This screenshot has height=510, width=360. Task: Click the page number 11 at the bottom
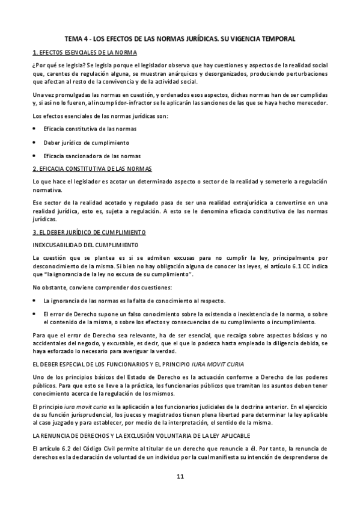tap(180, 477)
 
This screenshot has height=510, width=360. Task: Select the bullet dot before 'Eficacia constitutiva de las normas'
tap(35, 129)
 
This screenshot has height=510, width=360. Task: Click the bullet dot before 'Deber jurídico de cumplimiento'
tap(35, 143)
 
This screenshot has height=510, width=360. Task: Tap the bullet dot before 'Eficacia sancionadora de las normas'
tap(35, 156)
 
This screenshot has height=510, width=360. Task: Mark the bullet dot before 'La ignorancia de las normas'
tap(35, 300)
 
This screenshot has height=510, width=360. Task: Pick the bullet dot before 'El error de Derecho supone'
tap(35, 313)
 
